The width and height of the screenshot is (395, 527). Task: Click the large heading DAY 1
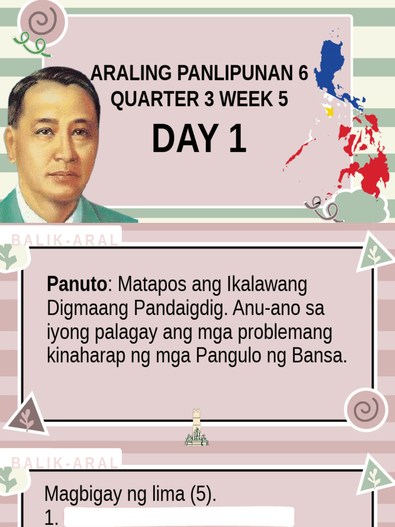coord(199,139)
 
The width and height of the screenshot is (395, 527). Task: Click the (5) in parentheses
coord(202,495)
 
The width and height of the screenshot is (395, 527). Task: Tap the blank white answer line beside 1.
coord(178,517)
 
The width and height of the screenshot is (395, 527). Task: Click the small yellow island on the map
coord(328,110)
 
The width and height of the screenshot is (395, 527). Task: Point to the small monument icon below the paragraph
coord(196,428)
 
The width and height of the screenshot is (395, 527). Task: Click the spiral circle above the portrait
coord(42,22)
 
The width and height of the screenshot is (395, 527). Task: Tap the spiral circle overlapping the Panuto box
coord(366,410)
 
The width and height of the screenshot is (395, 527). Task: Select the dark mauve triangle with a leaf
coord(26,416)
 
